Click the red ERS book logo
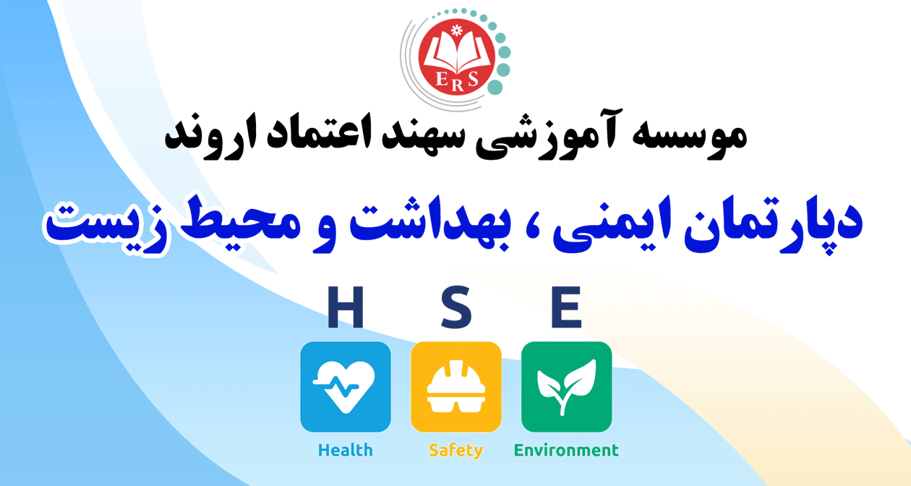456,57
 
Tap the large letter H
346,307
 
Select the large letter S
456,307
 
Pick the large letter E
566,307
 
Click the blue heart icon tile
346,387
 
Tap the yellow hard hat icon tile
456,387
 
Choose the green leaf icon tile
567,387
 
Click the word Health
346,451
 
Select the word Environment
566,451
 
